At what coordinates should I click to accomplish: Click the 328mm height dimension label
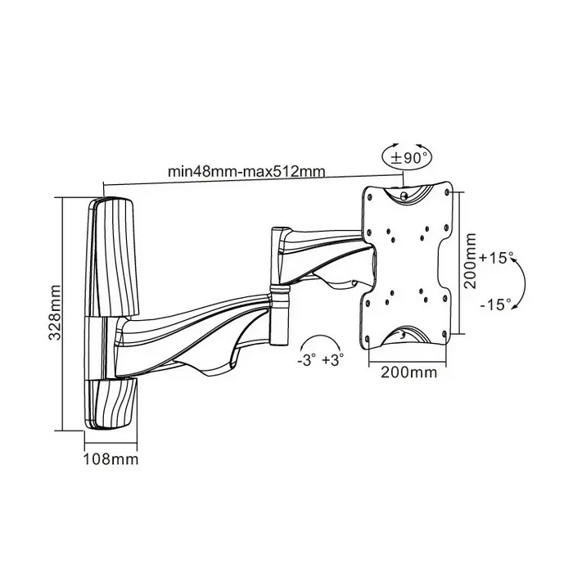pos(55,313)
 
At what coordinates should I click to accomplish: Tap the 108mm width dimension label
pos(111,459)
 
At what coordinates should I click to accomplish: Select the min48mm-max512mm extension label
pos(246,171)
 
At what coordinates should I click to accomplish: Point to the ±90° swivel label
pos(409,158)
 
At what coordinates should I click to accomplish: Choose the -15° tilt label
pos(495,304)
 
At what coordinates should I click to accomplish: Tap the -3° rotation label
pos(306,360)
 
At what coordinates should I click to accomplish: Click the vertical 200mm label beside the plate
pos(471,261)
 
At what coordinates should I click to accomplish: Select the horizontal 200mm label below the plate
pos(409,372)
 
